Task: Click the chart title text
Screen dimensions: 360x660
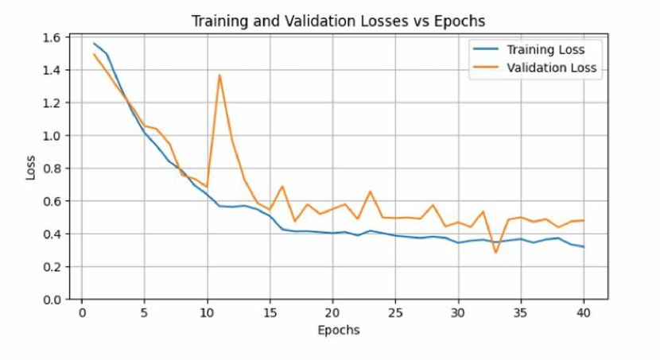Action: (339, 21)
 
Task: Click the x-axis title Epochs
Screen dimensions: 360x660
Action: (339, 330)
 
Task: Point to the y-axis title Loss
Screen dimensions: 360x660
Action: (31, 168)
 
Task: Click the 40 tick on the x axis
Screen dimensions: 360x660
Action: (583, 313)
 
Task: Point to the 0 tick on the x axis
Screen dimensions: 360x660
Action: (81, 313)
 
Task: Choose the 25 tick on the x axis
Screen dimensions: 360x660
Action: (395, 313)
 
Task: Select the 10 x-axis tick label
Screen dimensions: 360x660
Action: (207, 313)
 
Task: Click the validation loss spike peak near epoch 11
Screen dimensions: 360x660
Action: (219, 75)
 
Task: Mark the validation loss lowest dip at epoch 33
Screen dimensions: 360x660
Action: (495, 253)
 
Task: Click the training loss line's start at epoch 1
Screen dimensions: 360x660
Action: (94, 44)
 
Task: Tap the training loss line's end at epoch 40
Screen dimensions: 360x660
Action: (583, 247)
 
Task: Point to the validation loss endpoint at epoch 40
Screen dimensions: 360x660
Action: (583, 220)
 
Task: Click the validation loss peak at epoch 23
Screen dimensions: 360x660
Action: (370, 192)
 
